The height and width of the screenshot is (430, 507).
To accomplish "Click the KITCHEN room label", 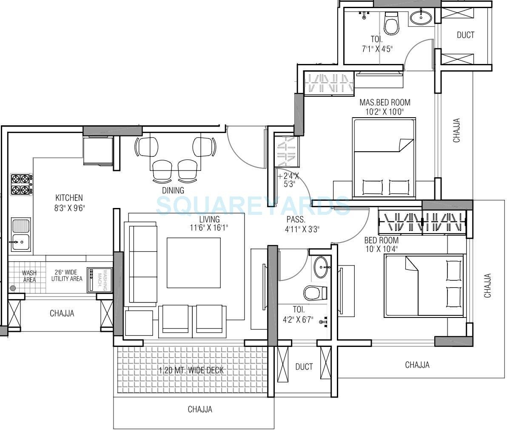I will pyautogui.click(x=69, y=198).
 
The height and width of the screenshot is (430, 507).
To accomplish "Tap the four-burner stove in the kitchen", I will pyautogui.click(x=22, y=184).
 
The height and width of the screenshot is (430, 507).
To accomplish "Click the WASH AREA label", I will pyautogui.click(x=29, y=276).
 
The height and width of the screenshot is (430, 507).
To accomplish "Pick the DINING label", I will pyautogui.click(x=173, y=190).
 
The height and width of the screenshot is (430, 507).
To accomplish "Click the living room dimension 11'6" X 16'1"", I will pyautogui.click(x=209, y=228).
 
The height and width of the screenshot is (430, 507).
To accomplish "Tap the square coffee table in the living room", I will pyautogui.click(x=194, y=263).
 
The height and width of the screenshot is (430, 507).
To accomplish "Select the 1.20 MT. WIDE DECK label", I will pyautogui.click(x=191, y=370).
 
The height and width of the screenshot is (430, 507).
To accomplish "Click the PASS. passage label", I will pyautogui.click(x=296, y=220).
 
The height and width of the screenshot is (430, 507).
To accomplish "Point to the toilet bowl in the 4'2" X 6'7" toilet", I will pyautogui.click(x=315, y=293).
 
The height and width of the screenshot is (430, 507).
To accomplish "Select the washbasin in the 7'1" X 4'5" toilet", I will pyautogui.click(x=421, y=17).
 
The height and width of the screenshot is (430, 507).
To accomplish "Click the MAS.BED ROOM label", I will pyautogui.click(x=385, y=102).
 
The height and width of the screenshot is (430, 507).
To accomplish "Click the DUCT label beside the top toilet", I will pyautogui.click(x=465, y=35).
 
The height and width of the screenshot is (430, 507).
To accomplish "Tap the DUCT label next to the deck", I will pyautogui.click(x=304, y=367).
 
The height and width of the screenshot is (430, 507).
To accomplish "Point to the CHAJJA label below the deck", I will pyautogui.click(x=200, y=410).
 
